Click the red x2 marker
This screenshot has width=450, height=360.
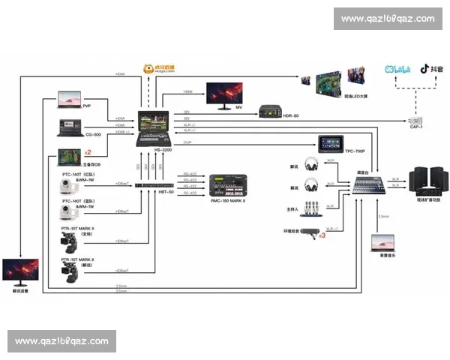click(87, 151)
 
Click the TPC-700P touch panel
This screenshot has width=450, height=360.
click(330, 142)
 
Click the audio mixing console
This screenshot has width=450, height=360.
click(367, 184)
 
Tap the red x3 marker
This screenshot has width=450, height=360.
click(322, 235)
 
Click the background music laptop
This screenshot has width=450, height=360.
click(382, 244)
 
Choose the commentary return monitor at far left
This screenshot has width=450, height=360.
click(20, 271)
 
